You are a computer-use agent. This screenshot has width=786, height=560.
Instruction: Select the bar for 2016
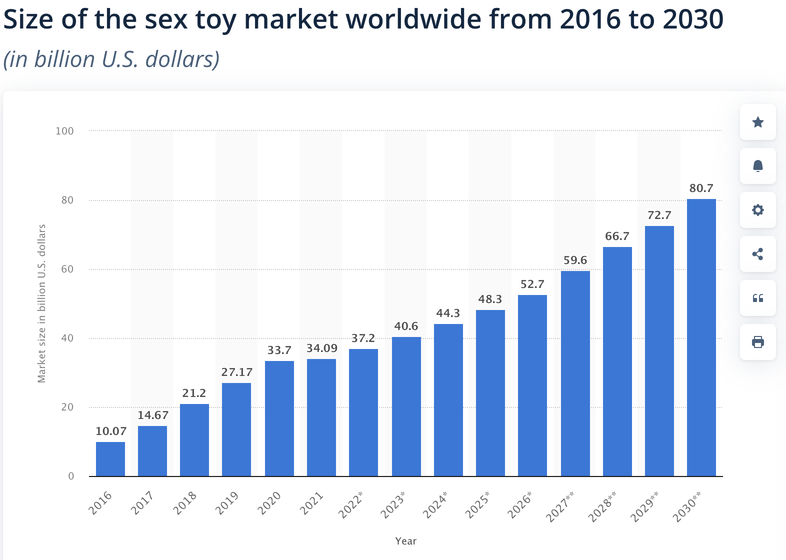[x=110, y=459]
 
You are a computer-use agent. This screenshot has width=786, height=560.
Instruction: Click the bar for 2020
[x=279, y=418]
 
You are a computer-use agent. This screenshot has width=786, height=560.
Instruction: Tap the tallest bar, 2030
[x=701, y=337]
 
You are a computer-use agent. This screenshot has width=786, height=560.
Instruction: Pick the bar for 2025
[x=490, y=393]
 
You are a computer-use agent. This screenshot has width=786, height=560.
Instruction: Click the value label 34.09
[x=322, y=348]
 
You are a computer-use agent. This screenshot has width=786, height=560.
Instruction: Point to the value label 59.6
[x=575, y=260]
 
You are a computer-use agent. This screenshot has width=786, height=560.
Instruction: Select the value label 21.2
[x=194, y=393]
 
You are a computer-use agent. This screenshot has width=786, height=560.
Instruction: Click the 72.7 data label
[x=659, y=215]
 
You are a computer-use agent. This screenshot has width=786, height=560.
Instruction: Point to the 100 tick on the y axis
[x=64, y=131]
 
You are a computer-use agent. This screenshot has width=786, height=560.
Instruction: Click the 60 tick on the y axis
[x=67, y=269]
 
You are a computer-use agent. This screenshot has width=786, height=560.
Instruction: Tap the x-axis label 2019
[x=226, y=503]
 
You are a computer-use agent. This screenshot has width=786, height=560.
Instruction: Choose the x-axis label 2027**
[x=560, y=506]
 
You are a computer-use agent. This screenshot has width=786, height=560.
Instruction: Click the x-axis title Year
[x=405, y=540]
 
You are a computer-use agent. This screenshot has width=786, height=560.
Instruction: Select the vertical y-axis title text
[x=42, y=303]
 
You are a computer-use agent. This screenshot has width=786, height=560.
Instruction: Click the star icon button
[x=757, y=122]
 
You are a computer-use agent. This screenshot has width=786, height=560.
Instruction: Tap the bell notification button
[x=757, y=166]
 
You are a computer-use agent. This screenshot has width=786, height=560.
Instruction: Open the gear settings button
[x=757, y=210]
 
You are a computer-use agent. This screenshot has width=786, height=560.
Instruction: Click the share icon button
[x=757, y=254]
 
